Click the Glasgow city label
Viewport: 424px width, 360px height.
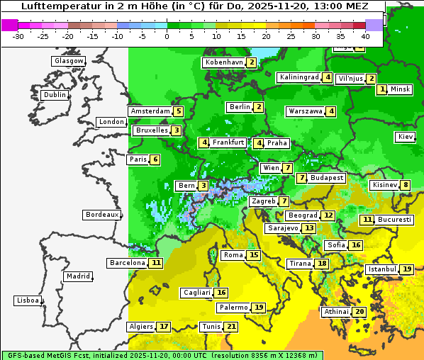click(x=68, y=61)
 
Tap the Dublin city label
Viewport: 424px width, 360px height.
click(x=55, y=95)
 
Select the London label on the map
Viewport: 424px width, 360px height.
click(x=111, y=122)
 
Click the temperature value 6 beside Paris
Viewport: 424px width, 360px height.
click(x=155, y=159)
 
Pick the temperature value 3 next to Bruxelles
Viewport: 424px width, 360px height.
click(x=175, y=130)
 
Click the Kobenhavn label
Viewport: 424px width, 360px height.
click(x=224, y=62)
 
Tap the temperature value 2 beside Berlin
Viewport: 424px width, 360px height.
click(x=259, y=107)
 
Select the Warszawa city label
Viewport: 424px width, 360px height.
click(x=306, y=111)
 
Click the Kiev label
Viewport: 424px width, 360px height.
click(x=406, y=137)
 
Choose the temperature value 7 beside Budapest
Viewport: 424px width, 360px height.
click(x=302, y=178)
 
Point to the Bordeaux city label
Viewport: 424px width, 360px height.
click(x=101, y=215)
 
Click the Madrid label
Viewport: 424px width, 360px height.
click(x=77, y=276)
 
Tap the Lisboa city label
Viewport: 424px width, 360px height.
click(x=27, y=300)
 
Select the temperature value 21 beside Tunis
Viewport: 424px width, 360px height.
click(x=230, y=327)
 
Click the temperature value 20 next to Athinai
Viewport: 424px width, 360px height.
click(x=359, y=312)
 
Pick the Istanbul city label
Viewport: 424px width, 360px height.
click(x=382, y=269)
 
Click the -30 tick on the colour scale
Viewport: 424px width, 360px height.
click(x=18, y=36)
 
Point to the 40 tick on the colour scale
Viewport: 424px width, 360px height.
click(x=365, y=36)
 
